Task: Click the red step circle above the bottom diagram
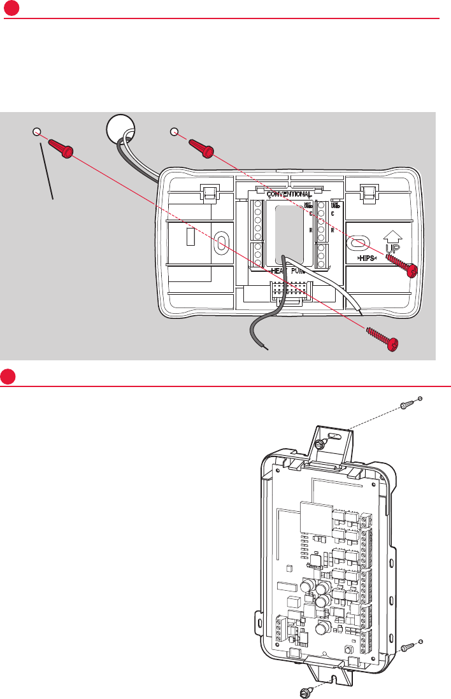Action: pyautogui.click(x=9, y=376)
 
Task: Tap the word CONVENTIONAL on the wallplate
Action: pyautogui.click(x=289, y=194)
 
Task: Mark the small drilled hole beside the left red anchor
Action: pyautogui.click(x=36, y=132)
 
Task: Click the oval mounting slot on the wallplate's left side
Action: pyautogui.click(x=219, y=243)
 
